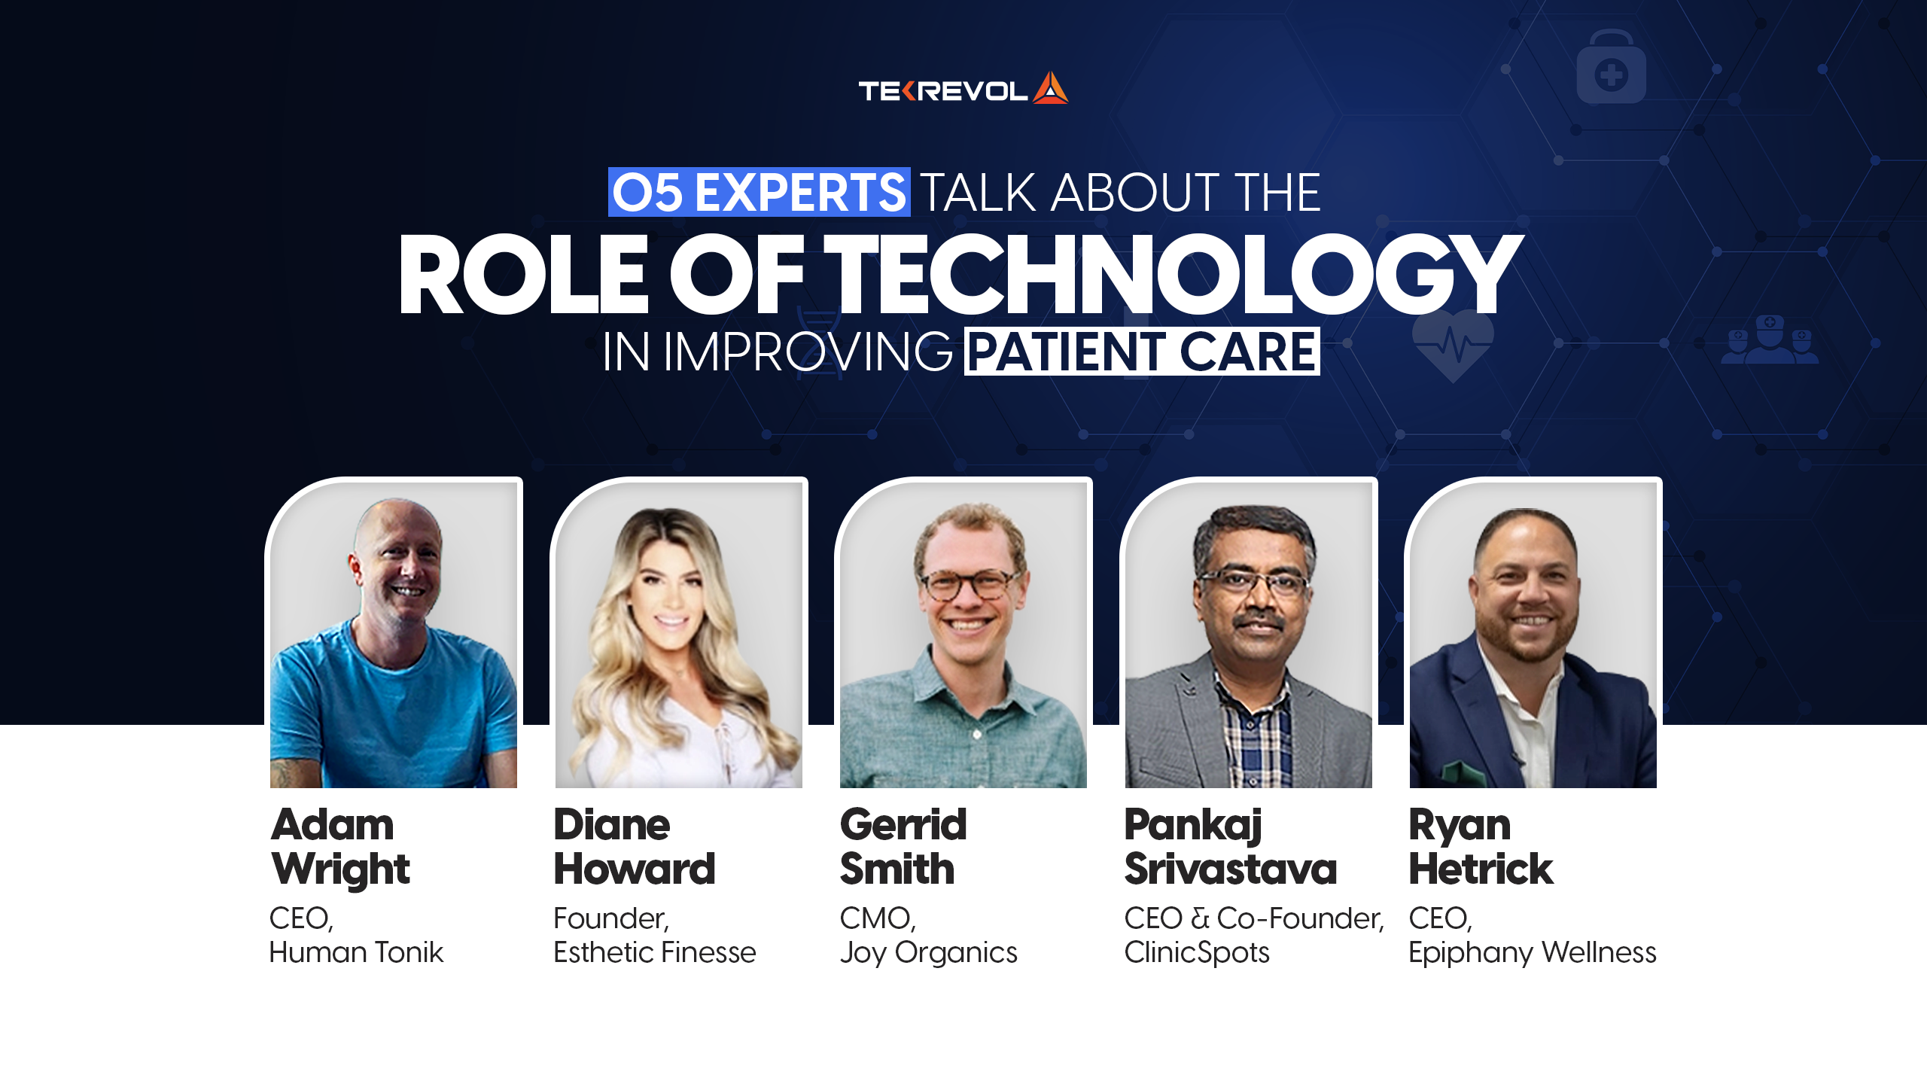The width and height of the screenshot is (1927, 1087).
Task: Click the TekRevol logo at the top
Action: coord(963,90)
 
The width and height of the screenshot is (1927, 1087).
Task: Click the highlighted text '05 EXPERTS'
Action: coord(759,193)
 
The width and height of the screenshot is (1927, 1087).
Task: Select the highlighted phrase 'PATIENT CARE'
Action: coord(1141,352)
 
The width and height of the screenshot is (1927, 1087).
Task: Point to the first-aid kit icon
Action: coord(1611,69)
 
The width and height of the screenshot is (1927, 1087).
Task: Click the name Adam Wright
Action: coord(339,847)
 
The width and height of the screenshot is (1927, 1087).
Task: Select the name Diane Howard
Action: coord(634,847)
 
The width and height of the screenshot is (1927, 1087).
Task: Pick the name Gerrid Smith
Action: coord(903,847)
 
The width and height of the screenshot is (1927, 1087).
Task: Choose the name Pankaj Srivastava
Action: coord(1230,847)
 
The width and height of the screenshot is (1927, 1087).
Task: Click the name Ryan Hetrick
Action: coord(1480,847)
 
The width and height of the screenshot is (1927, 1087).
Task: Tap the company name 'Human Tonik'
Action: coord(356,953)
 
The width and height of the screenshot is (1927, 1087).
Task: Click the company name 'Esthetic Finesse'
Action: coord(654,953)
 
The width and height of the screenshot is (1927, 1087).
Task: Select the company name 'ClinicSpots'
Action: coord(1196,953)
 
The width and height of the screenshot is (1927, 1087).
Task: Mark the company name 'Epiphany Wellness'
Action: coord(1532,953)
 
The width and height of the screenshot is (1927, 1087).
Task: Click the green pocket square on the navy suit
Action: coord(1457,772)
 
